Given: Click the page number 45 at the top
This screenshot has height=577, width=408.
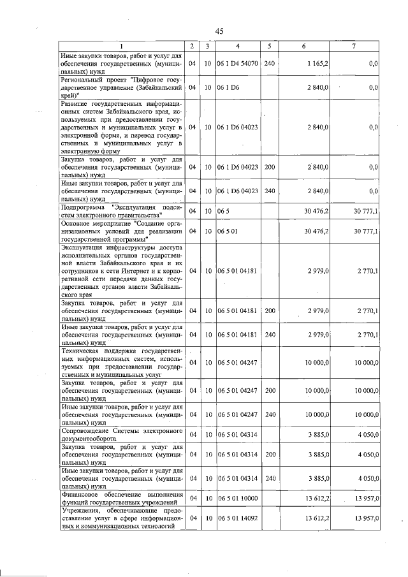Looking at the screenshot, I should [x=219, y=31].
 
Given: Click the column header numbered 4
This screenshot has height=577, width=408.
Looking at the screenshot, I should [x=237, y=47].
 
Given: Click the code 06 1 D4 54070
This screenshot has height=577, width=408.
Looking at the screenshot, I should [x=237, y=64].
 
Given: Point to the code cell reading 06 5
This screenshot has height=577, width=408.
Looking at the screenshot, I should [x=222, y=211].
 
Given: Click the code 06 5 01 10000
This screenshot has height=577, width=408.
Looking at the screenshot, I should [x=237, y=498].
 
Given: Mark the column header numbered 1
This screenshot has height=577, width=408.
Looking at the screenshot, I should [x=122, y=47].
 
